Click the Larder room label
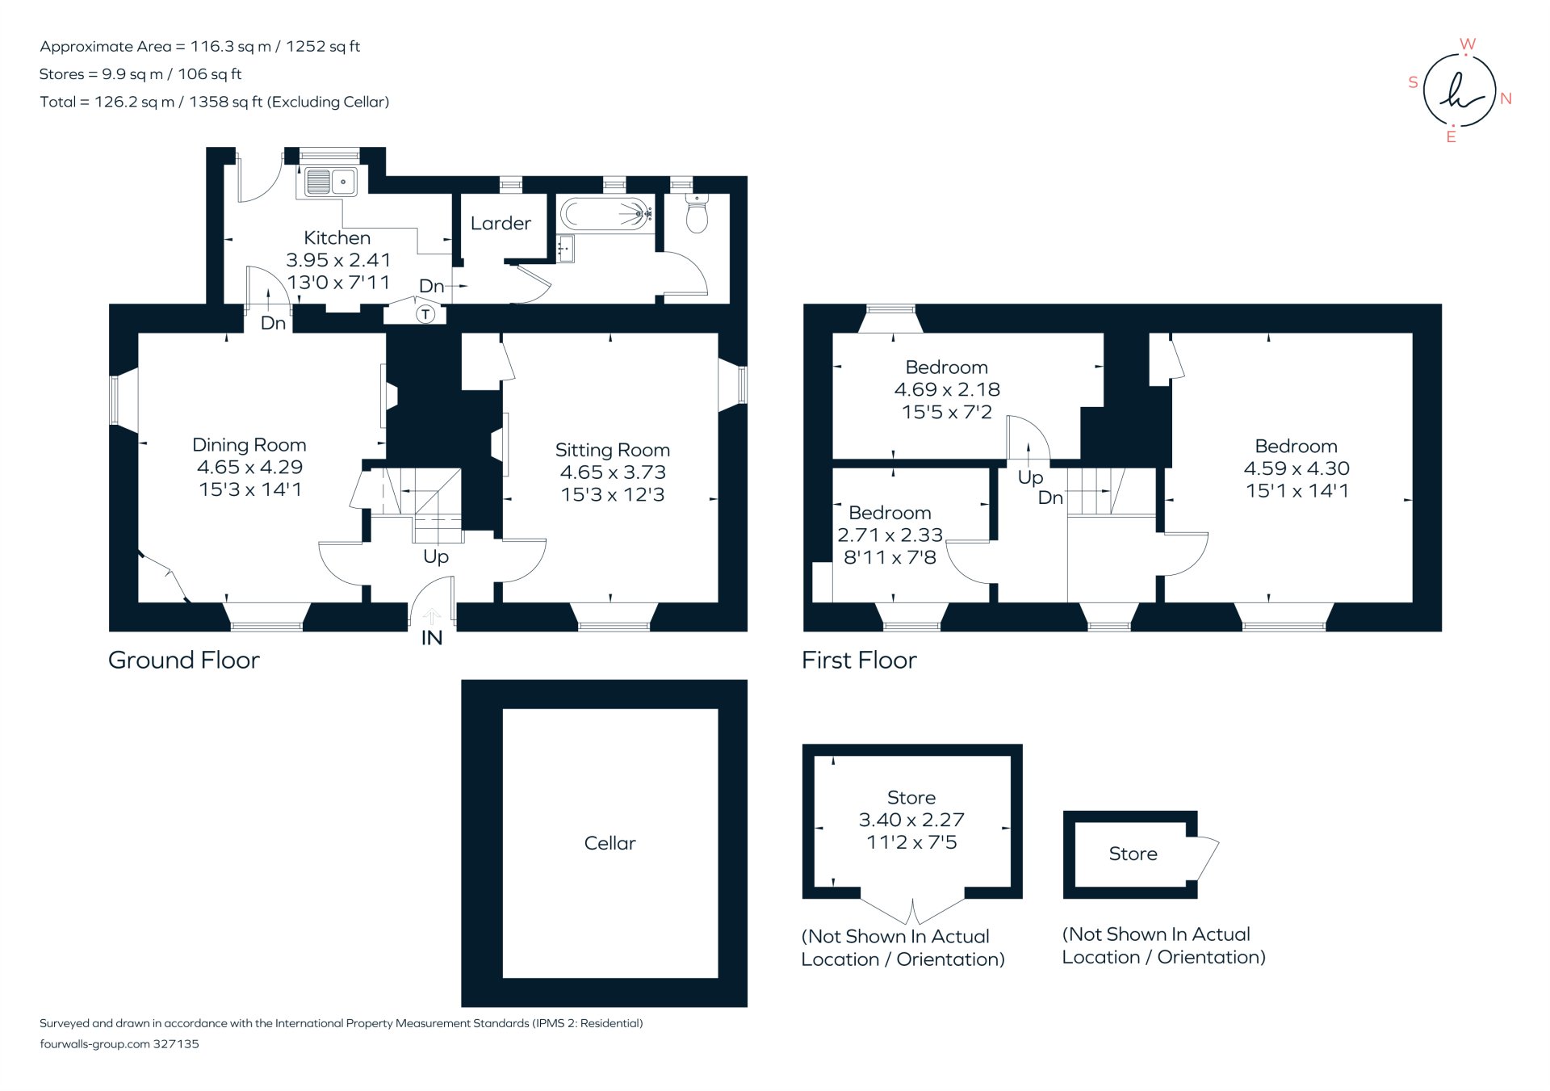501,224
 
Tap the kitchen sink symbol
330,183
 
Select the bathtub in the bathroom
605,215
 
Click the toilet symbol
697,213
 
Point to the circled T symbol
425,314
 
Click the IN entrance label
432,638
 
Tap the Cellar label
610,843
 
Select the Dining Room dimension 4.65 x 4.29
249,467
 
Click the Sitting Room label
612,450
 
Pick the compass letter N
1506,99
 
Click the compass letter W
1468,44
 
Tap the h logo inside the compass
1460,90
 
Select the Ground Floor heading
184,661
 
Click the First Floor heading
859,661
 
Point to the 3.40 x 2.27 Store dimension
911,820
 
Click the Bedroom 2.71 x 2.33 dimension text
890,535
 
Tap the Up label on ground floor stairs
436,556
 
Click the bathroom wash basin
566,248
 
